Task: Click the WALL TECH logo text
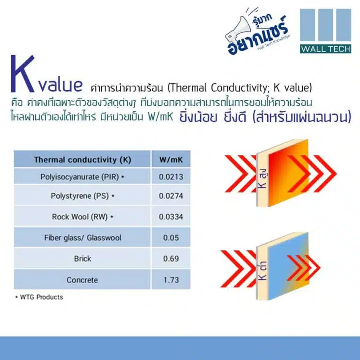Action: tap(325, 49)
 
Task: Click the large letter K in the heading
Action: tap(22, 74)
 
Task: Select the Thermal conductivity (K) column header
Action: tap(82, 160)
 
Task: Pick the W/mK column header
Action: tap(171, 160)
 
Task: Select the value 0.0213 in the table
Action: tap(171, 177)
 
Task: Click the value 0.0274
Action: tap(171, 196)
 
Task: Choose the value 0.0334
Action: tap(171, 217)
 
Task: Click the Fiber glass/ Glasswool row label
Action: tap(82, 238)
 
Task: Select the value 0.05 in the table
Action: tap(171, 238)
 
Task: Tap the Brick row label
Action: tap(82, 259)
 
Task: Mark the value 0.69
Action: tap(171, 259)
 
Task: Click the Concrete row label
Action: tap(82, 280)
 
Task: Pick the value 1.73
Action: tap(171, 280)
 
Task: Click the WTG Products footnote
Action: tap(39, 297)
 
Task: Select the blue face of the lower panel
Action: tap(288, 266)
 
